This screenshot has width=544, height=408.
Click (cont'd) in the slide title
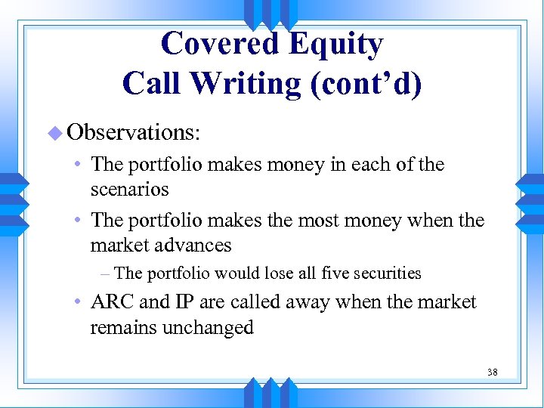point(366,82)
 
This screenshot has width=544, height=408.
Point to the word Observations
point(133,132)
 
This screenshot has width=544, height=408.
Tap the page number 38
point(492,372)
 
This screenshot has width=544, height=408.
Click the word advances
point(194,246)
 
